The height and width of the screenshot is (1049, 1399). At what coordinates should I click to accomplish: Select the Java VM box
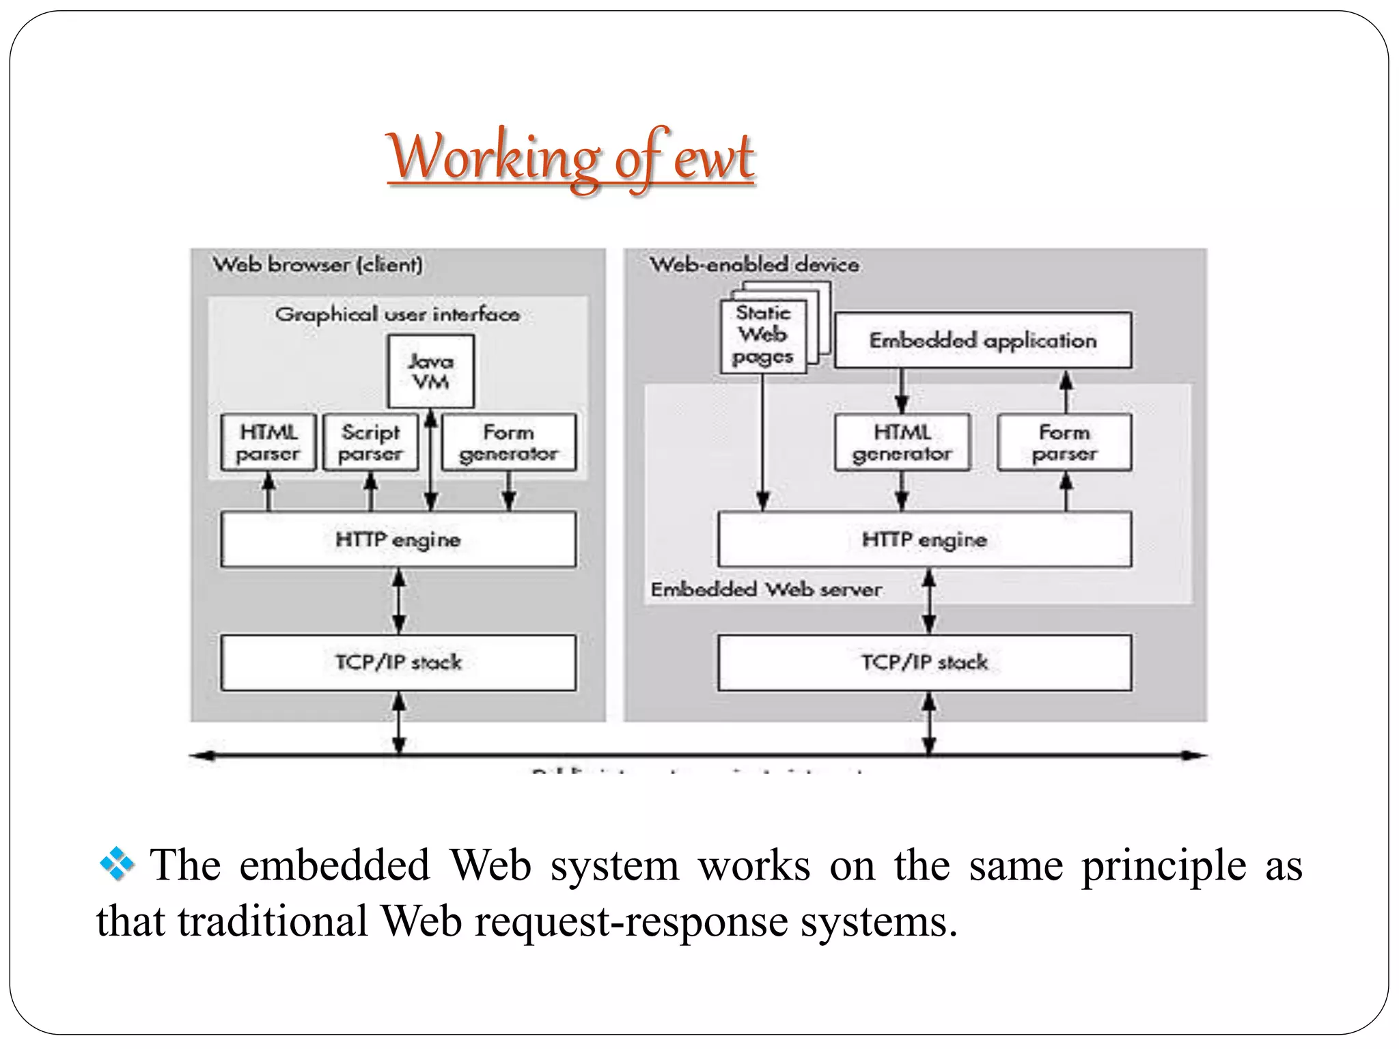click(x=430, y=372)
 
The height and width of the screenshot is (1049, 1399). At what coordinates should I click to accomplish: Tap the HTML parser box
click(x=268, y=443)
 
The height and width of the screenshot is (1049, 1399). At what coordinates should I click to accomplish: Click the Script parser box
click(x=370, y=443)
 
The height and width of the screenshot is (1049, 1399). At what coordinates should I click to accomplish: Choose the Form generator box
click(x=508, y=443)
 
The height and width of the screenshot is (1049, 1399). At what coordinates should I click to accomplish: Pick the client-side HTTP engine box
click(x=398, y=540)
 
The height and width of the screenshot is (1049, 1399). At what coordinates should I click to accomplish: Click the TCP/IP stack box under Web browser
click(x=398, y=662)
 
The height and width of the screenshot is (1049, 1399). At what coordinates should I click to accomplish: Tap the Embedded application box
click(x=982, y=340)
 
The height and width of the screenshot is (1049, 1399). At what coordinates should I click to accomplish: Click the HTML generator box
click(x=902, y=443)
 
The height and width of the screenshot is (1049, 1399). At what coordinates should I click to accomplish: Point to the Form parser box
click(x=1064, y=443)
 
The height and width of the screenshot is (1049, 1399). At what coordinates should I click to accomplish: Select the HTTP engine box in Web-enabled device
click(x=924, y=540)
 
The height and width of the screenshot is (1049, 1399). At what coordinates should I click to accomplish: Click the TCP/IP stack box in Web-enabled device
click(x=924, y=662)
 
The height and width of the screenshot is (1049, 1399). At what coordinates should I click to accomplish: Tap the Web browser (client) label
click(x=318, y=264)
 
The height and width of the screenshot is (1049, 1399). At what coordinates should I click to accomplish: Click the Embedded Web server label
click(x=766, y=589)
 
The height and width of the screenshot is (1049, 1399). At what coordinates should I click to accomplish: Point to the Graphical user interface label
click(x=397, y=314)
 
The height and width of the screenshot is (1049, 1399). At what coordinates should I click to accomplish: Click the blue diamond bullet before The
click(x=117, y=865)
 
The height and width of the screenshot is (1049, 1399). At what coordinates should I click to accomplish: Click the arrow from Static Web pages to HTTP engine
click(x=763, y=444)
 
